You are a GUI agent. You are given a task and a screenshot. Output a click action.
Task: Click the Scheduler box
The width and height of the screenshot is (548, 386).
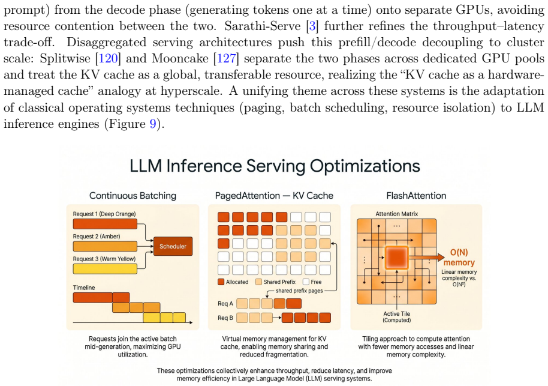coord(173,246)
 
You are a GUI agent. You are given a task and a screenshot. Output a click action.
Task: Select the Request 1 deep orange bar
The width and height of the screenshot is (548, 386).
coord(105,224)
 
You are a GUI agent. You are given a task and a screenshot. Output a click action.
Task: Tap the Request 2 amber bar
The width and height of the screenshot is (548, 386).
coord(105,246)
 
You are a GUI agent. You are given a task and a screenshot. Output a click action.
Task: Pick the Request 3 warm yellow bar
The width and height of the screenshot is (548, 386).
coord(105,269)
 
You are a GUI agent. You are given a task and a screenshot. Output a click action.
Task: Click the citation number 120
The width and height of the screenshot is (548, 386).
coord(108,58)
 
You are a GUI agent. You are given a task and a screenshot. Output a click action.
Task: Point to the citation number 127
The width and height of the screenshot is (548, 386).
coord(226,58)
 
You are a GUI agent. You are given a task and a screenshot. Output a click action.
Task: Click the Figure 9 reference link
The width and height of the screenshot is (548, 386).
coord(153,124)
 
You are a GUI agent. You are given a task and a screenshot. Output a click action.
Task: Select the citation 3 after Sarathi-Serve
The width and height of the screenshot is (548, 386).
coord(312,26)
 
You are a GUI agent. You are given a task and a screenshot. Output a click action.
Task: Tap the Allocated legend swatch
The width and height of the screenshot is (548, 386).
coord(221,282)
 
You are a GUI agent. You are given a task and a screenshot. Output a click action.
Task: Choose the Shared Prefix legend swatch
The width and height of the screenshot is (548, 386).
coord(258,282)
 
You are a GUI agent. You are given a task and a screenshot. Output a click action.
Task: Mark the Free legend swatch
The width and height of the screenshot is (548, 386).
coord(306,282)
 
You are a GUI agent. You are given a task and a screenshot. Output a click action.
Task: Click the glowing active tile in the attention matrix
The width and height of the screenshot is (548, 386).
coord(397,257)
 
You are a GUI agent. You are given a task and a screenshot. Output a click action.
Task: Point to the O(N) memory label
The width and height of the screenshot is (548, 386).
coord(459,257)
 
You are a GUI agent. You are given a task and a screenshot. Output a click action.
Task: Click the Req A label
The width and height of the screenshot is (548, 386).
coord(225,303)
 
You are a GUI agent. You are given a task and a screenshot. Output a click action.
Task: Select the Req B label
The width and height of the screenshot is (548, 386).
coord(225,318)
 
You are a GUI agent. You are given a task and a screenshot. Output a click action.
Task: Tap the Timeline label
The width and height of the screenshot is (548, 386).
coord(84,288)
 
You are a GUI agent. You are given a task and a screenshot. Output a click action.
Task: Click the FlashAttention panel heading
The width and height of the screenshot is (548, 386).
coord(416,196)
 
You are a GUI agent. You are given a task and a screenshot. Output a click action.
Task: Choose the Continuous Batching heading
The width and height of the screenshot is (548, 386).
coord(133,196)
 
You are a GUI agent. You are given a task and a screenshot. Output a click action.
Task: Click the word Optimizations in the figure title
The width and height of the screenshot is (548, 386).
coord(365,166)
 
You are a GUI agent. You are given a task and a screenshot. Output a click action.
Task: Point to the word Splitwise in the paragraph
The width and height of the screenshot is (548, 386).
coord(65,58)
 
